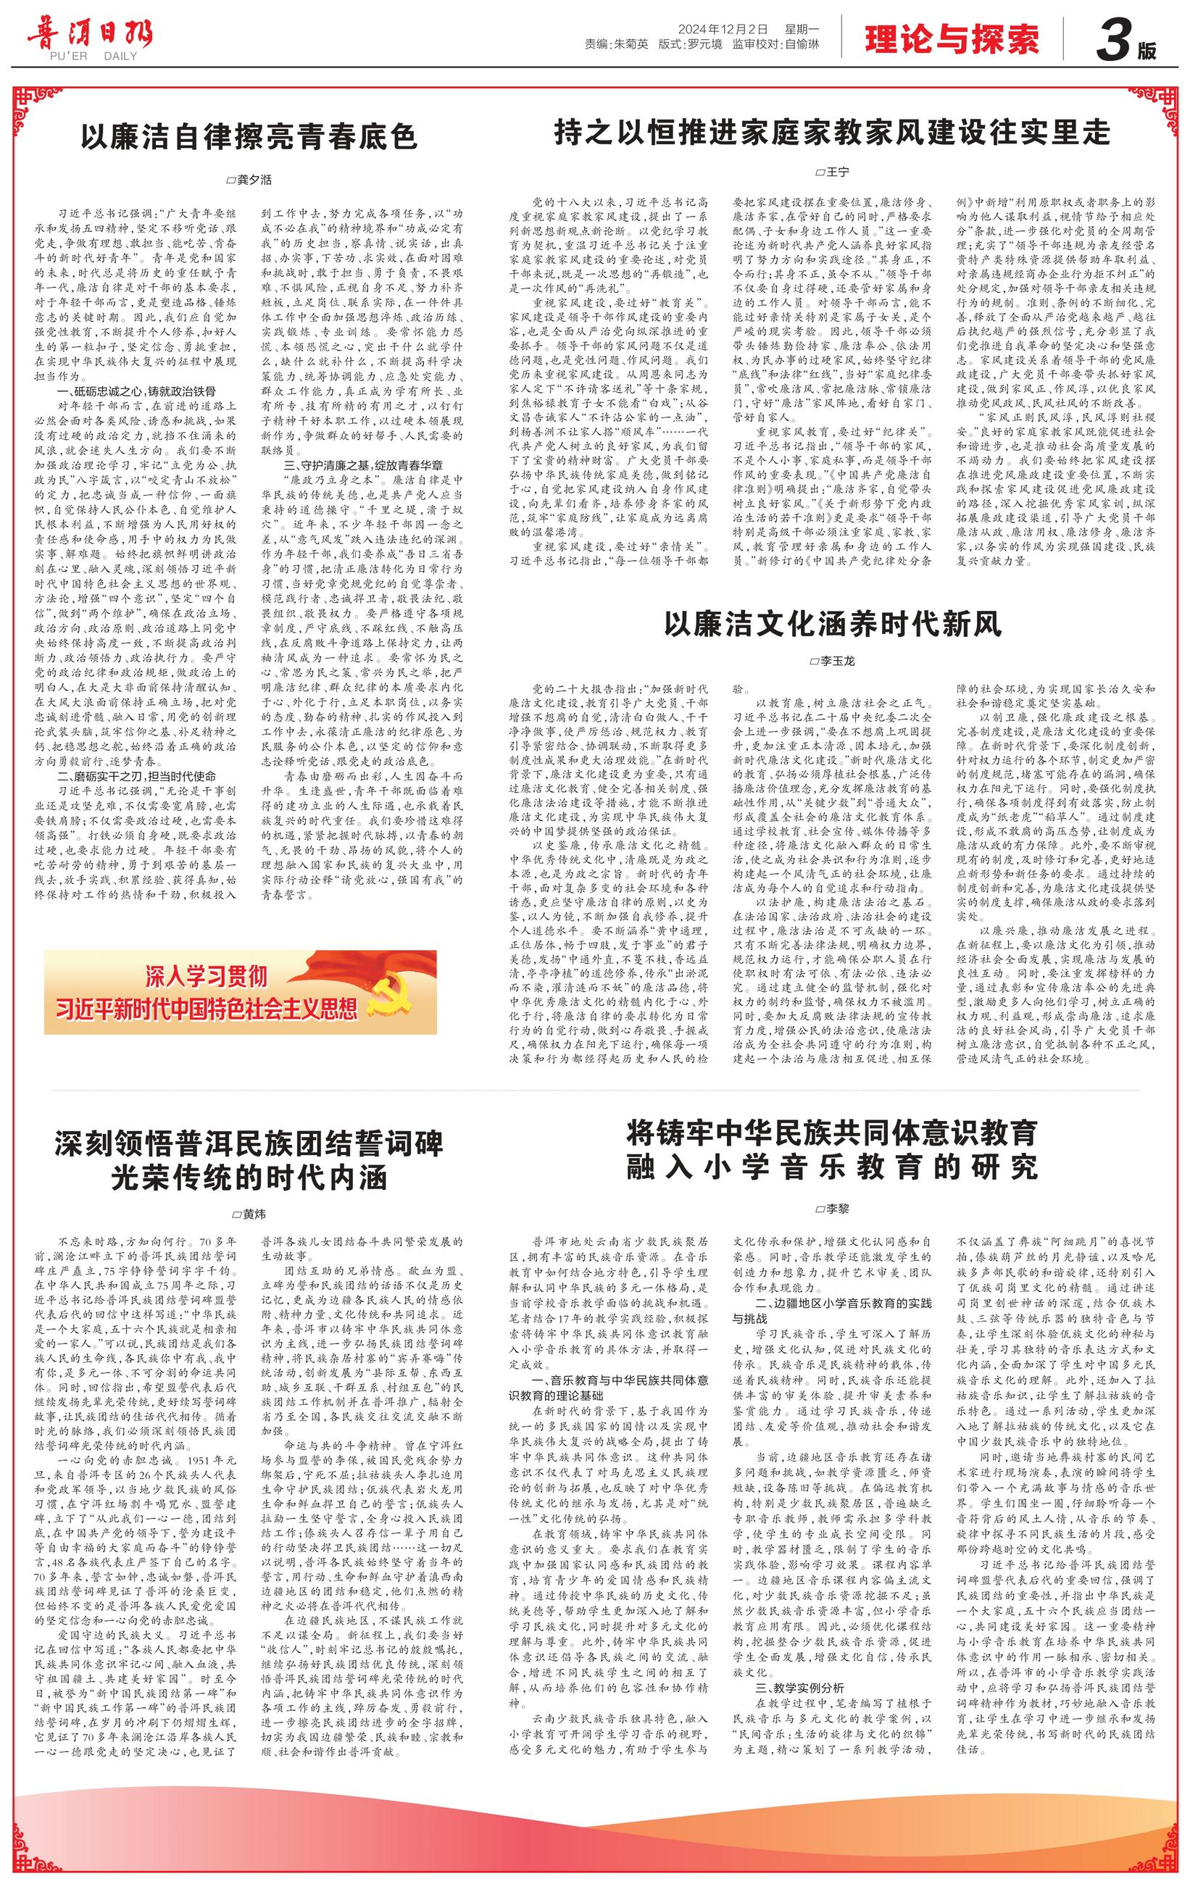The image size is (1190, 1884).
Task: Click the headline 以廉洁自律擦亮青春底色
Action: pos(249,138)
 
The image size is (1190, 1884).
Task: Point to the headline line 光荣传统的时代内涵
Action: pos(249,1177)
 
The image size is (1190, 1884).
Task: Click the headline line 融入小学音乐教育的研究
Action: pos(833,1167)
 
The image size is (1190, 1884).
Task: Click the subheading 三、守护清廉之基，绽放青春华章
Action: pos(362,464)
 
